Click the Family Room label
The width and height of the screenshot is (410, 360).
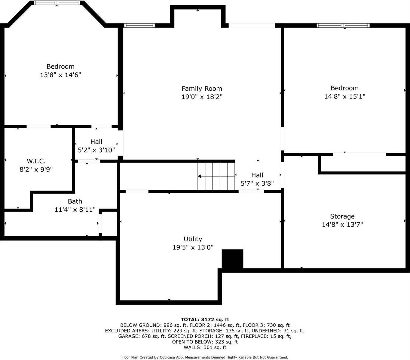(x=202, y=89)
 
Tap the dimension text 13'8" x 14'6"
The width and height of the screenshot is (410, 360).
(x=60, y=75)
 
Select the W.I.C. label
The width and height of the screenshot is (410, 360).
(x=36, y=161)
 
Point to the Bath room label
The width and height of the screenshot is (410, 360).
(x=75, y=201)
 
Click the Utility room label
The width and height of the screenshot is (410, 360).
(x=193, y=239)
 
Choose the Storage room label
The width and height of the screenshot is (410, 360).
(x=342, y=216)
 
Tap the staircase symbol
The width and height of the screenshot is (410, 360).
(x=216, y=176)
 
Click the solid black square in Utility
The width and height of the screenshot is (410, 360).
(x=232, y=259)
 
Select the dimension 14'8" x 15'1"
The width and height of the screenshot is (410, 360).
(x=344, y=96)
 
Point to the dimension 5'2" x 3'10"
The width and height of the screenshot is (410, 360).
(x=96, y=150)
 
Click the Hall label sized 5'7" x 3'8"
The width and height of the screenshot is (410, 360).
(x=257, y=175)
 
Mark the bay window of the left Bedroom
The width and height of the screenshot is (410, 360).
(x=57, y=3)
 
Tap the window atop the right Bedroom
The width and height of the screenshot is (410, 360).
(x=343, y=26)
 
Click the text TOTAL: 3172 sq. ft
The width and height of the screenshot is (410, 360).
(x=205, y=319)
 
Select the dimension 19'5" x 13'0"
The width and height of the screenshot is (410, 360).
(x=193, y=247)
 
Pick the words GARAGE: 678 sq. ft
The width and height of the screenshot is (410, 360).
(x=142, y=336)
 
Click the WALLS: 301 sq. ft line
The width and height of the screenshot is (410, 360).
(x=205, y=347)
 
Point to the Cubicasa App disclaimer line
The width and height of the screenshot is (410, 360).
(x=205, y=357)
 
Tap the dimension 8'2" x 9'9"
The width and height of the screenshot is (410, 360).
(x=36, y=169)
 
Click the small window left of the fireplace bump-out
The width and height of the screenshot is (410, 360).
(x=139, y=26)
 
